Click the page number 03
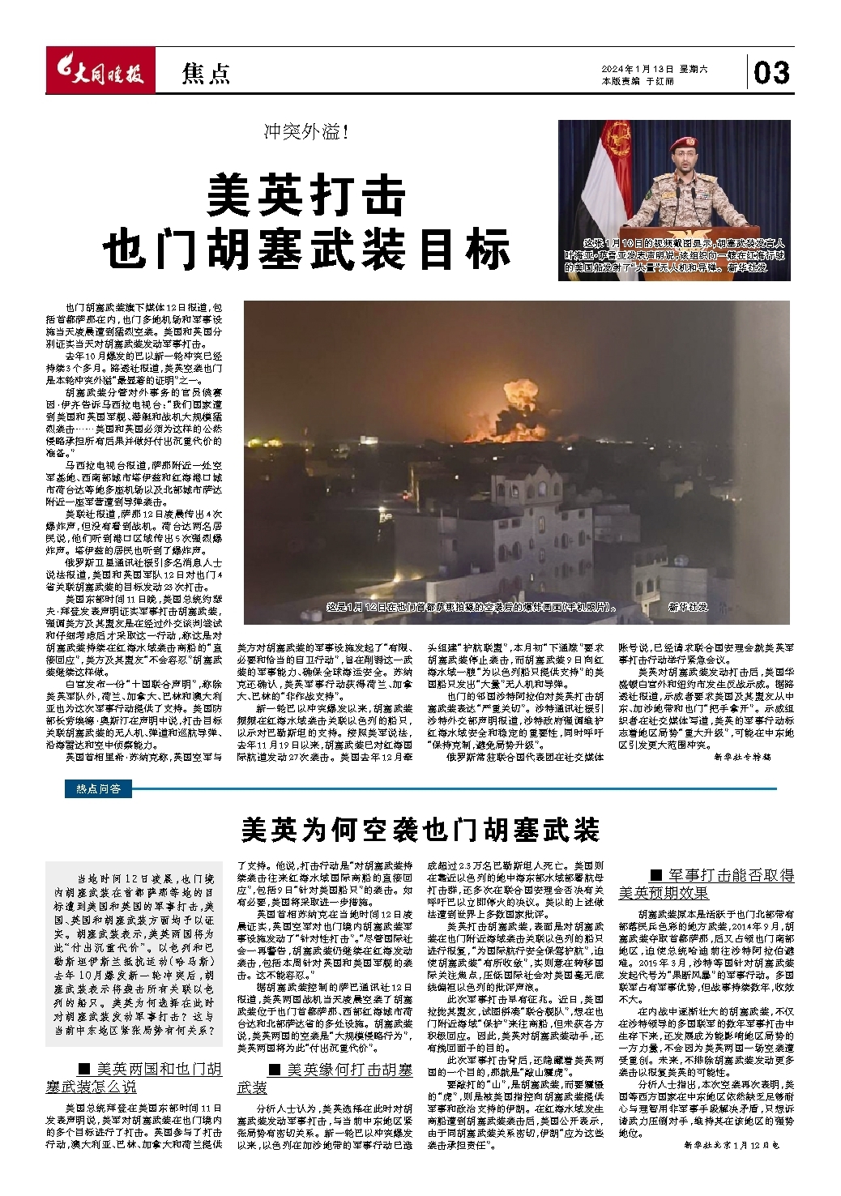pos(771,74)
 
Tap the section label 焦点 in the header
pos(206,74)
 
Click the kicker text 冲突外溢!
pos(305,132)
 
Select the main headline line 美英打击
pos(306,194)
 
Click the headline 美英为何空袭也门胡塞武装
pos(420,831)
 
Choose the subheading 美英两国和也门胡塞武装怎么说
pos(134,1078)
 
